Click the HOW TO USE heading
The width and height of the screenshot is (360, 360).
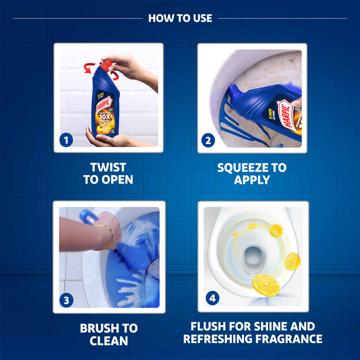180,18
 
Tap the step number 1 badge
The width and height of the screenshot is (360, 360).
66,140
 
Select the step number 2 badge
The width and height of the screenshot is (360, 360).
208,140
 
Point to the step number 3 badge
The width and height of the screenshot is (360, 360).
66,301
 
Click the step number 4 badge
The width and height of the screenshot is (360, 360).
212,298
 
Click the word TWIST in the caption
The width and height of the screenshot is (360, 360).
108,167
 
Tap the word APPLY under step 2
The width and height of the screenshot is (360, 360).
252,180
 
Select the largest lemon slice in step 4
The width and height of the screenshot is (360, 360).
266,285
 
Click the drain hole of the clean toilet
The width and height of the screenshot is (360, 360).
253,255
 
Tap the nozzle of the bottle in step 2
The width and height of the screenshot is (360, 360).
232,90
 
